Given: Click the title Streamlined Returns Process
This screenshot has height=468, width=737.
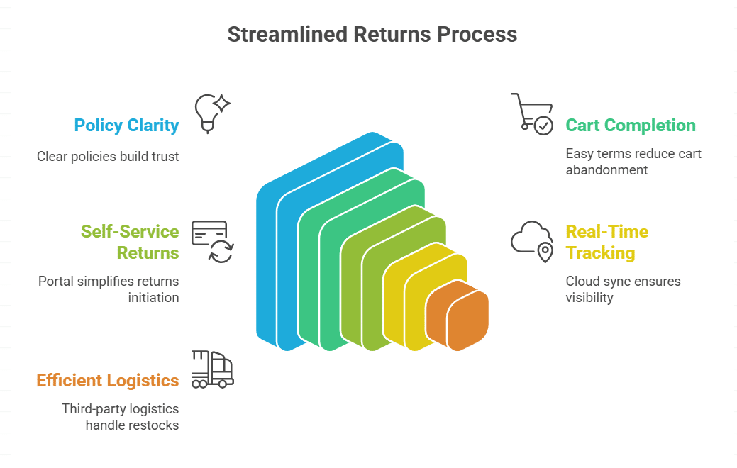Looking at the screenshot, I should point(372,34).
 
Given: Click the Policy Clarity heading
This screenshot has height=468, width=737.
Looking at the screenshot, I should point(126,126).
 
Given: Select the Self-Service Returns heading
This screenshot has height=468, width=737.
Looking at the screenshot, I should point(129,242).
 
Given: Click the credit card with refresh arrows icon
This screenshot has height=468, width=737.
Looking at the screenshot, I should point(212,241).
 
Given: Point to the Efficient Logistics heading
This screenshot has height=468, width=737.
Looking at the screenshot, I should point(108,381).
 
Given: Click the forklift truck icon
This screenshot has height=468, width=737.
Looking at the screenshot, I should point(212,369).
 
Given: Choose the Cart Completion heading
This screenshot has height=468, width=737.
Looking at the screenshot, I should point(630,126).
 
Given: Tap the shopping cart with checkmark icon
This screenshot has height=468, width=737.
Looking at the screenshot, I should point(531,113).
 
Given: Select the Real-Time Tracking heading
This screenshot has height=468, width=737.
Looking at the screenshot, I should point(606,242).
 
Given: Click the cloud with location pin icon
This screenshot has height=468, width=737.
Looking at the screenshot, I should point(532,241).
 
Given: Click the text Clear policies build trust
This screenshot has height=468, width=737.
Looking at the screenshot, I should point(108,157).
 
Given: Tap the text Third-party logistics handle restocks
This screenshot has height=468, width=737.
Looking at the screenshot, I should point(120,417).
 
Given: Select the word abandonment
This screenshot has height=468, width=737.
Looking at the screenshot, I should point(606,170).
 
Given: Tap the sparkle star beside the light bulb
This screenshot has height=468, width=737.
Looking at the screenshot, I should point(221,104).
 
